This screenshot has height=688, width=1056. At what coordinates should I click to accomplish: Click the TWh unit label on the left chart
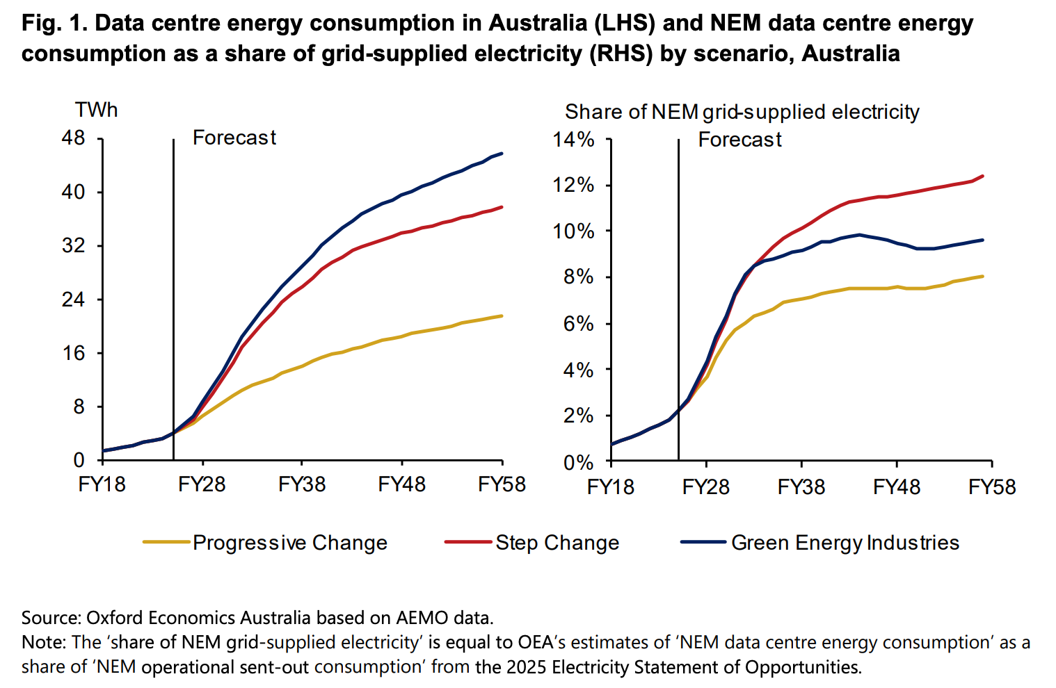tap(97, 110)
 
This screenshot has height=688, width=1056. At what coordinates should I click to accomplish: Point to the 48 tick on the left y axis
tap(73, 138)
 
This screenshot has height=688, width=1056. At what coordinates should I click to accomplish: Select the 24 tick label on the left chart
tap(73, 300)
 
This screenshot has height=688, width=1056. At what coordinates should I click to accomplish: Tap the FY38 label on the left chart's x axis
tap(302, 484)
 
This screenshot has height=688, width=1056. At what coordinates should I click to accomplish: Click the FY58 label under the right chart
tap(992, 486)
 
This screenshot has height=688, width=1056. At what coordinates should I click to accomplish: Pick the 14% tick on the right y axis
tap(573, 140)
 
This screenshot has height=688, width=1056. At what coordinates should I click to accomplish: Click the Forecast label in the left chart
tap(234, 138)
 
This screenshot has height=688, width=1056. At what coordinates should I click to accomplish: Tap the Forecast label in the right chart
tap(739, 140)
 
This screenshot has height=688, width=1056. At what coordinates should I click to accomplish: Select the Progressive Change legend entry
tap(289, 543)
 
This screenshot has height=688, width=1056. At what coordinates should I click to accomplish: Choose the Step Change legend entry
tap(557, 543)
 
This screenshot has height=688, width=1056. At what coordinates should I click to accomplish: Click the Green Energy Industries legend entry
tap(845, 543)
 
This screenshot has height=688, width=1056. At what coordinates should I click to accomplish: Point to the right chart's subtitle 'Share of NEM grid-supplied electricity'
tap(742, 112)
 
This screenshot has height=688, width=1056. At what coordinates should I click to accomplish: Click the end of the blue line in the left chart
tap(502, 154)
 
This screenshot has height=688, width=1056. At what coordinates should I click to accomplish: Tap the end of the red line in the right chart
tap(982, 176)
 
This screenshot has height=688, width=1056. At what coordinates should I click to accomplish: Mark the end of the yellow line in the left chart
tap(502, 316)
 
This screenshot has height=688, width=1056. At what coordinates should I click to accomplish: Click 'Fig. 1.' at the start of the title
tap(54, 23)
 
